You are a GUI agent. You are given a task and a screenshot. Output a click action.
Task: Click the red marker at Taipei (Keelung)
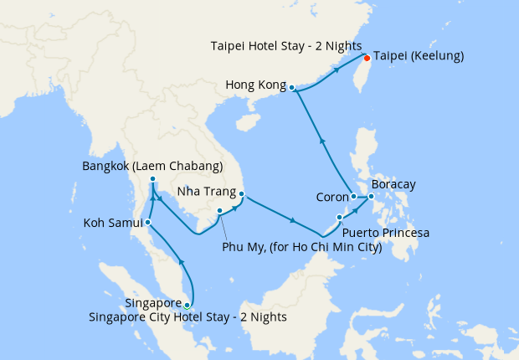pyautogui.click(x=367, y=58)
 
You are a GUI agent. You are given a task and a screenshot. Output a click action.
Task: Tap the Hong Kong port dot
pyautogui.click(x=291, y=87)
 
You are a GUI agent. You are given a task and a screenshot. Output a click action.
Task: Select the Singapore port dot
pyautogui.click(x=187, y=306)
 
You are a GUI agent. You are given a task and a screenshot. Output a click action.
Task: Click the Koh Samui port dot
pyautogui.click(x=147, y=223)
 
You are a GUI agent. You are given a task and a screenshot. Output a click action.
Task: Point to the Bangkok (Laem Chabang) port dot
pyautogui.click(x=152, y=180)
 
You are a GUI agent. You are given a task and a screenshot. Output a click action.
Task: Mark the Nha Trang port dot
pyautogui.click(x=241, y=196)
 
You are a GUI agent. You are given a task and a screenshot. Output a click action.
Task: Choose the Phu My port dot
pyautogui.click(x=219, y=211)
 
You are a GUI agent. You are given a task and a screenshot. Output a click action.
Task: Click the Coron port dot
pyautogui.click(x=354, y=197)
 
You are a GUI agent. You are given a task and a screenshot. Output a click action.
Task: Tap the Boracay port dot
pyautogui.click(x=372, y=198)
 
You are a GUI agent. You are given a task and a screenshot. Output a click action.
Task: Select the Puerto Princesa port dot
pyautogui.click(x=339, y=218)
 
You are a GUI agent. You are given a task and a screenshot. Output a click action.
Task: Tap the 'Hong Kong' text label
pyautogui.click(x=255, y=85)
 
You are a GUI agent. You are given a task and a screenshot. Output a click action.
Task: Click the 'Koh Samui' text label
pyautogui.click(x=112, y=224)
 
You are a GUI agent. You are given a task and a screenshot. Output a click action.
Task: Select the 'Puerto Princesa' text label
pyautogui.click(x=387, y=233)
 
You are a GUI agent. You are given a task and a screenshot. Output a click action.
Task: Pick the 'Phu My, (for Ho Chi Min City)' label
pyautogui.click(x=301, y=247)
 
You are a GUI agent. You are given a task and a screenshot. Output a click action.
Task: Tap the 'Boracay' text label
pyautogui.click(x=393, y=184)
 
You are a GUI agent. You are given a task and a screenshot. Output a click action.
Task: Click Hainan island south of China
pyautogui.click(x=247, y=122)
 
